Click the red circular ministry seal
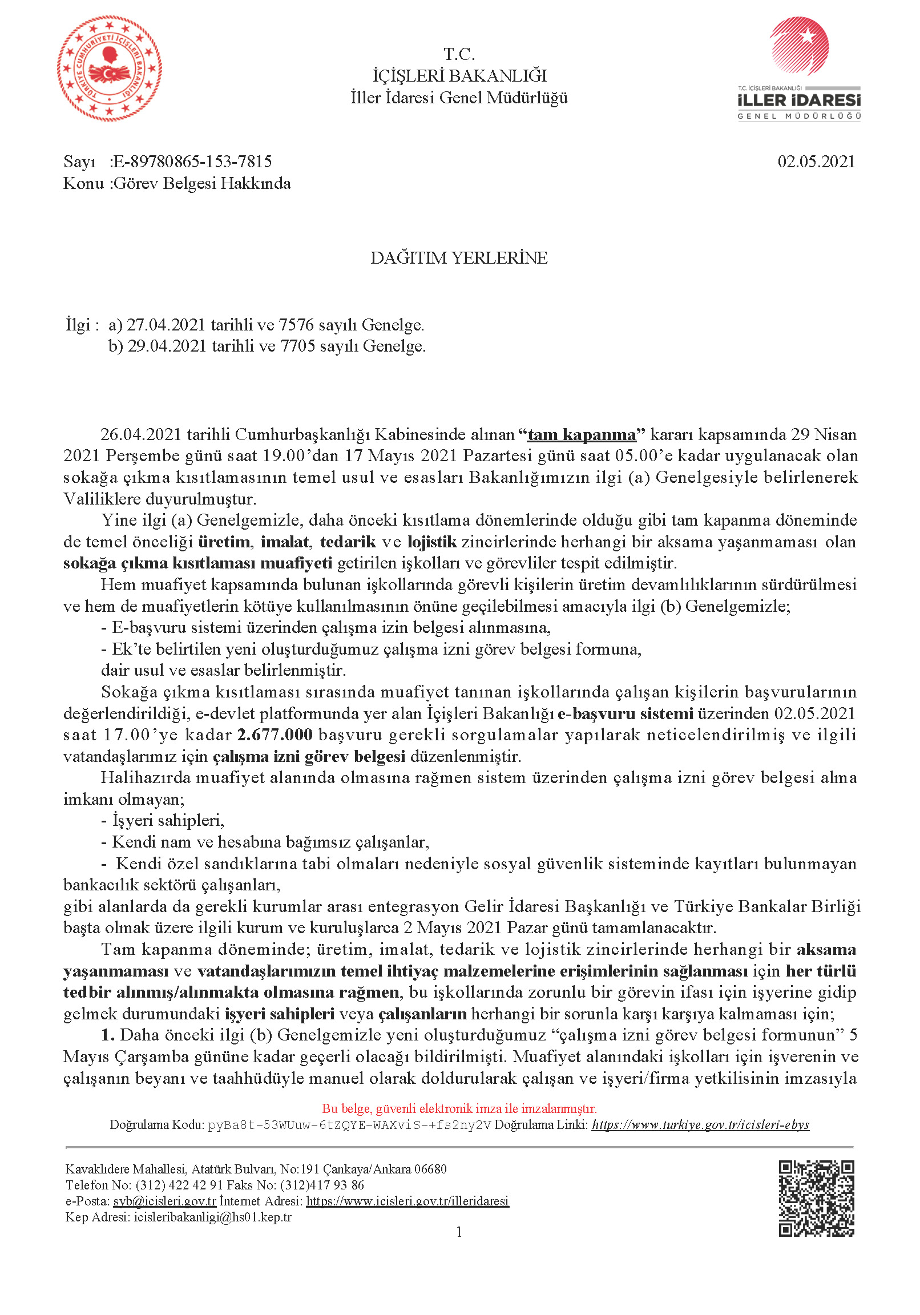click(x=110, y=68)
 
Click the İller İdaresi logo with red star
click(x=799, y=68)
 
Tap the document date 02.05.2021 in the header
click(x=816, y=162)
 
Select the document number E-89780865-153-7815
click(x=192, y=162)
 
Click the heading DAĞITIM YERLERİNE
click(x=459, y=258)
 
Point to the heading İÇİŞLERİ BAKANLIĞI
click(x=459, y=75)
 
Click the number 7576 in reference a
click(x=296, y=325)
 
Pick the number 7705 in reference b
click(x=297, y=346)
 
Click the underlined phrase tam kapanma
click(x=582, y=435)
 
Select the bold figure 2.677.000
click(x=275, y=735)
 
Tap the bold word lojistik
click(x=432, y=542)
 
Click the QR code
click(x=816, y=1198)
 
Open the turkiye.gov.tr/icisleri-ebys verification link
click(x=700, y=1125)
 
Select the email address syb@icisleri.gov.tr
click(x=164, y=1201)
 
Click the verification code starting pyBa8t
click(x=349, y=1125)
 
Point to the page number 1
click(x=459, y=1232)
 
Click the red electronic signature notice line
click(x=459, y=1109)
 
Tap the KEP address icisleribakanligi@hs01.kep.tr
click(x=212, y=1217)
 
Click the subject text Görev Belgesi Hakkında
click(x=202, y=183)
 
